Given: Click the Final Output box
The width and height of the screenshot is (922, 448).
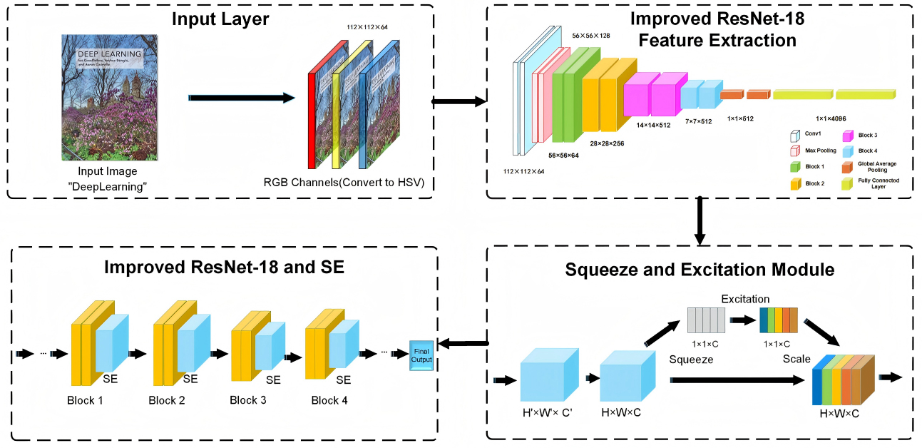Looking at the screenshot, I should pyautogui.click(x=421, y=355).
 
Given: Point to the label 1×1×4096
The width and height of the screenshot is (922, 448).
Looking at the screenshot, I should pyautogui.click(x=831, y=118).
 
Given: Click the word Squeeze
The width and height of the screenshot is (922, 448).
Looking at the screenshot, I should pyautogui.click(x=691, y=360).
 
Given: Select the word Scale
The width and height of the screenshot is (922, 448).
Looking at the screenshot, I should pyautogui.click(x=796, y=359).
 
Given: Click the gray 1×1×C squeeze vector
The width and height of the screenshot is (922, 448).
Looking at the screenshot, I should pyautogui.click(x=706, y=320).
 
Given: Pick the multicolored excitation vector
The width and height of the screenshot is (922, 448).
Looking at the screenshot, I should pyautogui.click(x=778, y=320).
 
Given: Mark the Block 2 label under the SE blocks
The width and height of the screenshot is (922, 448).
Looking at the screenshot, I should pyautogui.click(x=167, y=400).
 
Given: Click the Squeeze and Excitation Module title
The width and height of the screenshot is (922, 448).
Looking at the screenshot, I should pyautogui.click(x=700, y=270).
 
